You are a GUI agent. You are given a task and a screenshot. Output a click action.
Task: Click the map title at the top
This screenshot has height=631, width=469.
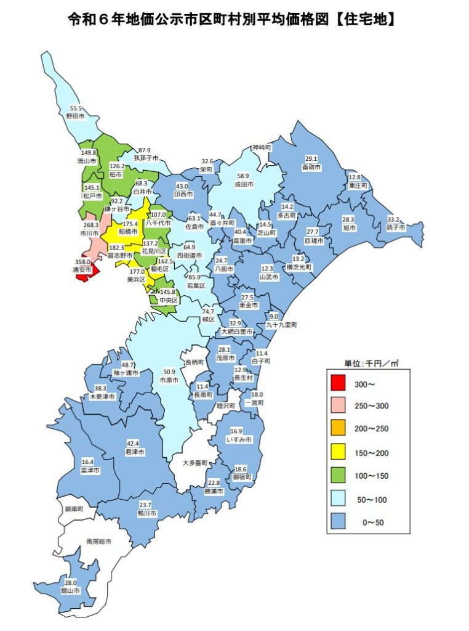click(x=231, y=20)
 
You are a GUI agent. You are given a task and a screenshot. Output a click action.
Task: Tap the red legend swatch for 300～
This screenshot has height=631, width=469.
click(x=337, y=384)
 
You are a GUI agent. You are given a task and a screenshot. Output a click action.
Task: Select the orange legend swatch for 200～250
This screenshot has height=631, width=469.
click(x=337, y=429)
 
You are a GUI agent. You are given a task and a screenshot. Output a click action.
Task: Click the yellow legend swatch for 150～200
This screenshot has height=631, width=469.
click(x=337, y=453)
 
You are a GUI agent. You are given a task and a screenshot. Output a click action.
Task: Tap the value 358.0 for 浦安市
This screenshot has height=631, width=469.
click(x=82, y=262)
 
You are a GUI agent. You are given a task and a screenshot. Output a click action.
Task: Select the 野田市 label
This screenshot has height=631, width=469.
click(x=75, y=115)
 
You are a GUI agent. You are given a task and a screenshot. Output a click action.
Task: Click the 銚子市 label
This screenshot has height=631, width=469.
click(x=396, y=227)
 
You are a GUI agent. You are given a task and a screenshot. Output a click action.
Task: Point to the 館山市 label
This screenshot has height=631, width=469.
click(x=71, y=590)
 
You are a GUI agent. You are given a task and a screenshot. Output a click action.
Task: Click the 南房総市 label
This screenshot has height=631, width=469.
click(x=98, y=541)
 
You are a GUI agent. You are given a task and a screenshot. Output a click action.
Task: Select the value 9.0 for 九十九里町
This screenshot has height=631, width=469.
click(x=275, y=316)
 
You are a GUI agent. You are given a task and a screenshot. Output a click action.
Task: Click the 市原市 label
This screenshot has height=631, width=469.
click(x=169, y=380)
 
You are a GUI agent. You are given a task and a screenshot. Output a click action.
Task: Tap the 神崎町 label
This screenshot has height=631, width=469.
click(x=260, y=148)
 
